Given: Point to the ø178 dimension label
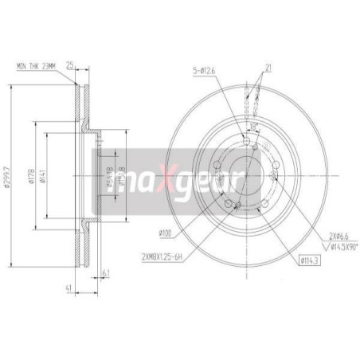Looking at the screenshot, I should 30,177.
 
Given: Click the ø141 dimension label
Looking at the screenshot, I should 46,177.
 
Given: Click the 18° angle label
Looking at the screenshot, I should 252,127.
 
